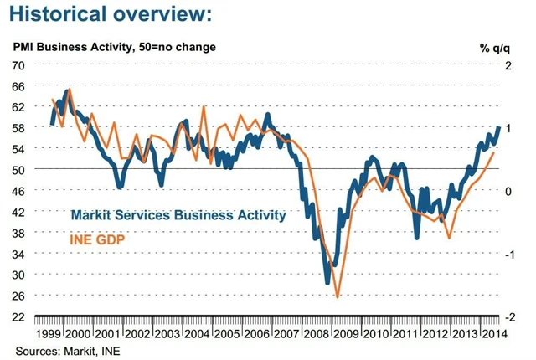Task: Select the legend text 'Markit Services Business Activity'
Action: pyautogui.click(x=178, y=215)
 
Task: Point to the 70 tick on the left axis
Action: pyautogui.click(x=18, y=64)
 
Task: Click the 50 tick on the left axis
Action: pyautogui.click(x=18, y=170)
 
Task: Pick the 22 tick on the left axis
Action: pyautogui.click(x=18, y=317)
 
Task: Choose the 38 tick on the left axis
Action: pyautogui.click(x=18, y=233)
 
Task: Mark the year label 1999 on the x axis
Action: pyautogui.click(x=50, y=333)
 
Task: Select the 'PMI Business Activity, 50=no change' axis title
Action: pyautogui.click(x=113, y=47)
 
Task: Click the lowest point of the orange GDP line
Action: pyautogui.click(x=337, y=296)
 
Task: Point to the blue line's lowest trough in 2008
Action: pyautogui.click(x=328, y=283)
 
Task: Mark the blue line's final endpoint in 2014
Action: pyautogui.click(x=500, y=127)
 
